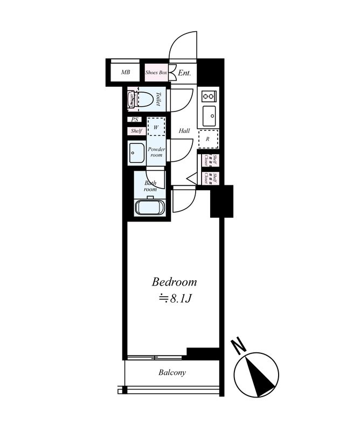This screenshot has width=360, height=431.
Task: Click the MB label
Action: pyautogui.click(x=125, y=72)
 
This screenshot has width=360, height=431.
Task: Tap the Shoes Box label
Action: pyautogui.click(x=156, y=72)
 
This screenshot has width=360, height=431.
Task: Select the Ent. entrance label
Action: pyautogui.click(x=185, y=72)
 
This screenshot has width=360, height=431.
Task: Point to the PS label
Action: pyautogui.click(x=135, y=120)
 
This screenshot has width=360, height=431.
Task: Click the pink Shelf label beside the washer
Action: pyautogui.click(x=136, y=131)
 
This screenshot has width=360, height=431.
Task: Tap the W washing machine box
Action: pyautogui.click(x=156, y=127)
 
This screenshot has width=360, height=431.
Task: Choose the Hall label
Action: pyautogui.click(x=184, y=131)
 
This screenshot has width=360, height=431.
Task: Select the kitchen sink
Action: pyautogui.click(x=209, y=115)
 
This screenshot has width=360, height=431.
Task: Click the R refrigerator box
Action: pyautogui.click(x=208, y=138)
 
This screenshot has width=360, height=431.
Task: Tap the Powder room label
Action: pyautogui.click(x=156, y=152)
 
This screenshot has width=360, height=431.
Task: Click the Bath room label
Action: pyautogui.click(x=150, y=186)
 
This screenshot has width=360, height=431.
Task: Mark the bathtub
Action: pyautogui.click(x=150, y=207)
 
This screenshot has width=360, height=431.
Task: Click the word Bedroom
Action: pyautogui.click(x=174, y=282)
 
